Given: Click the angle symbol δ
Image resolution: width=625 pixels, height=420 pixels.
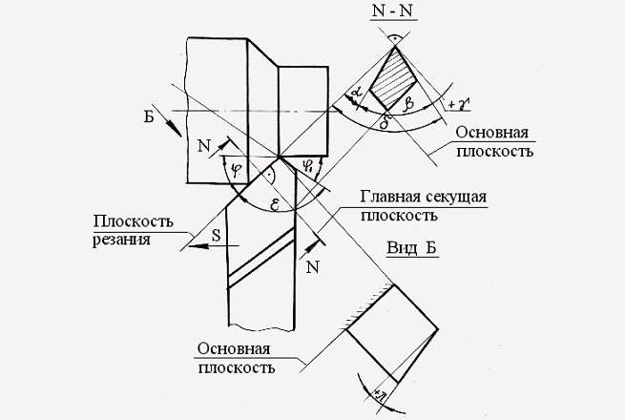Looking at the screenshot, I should (x=385, y=121).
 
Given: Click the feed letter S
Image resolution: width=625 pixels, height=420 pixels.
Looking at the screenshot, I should (x=217, y=231).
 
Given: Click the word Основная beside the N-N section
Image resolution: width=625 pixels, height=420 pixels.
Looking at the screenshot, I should (x=491, y=132).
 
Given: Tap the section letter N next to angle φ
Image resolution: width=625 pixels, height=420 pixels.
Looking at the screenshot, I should (x=203, y=146).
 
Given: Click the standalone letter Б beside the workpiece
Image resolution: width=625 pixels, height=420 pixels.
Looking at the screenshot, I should (x=148, y=118).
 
